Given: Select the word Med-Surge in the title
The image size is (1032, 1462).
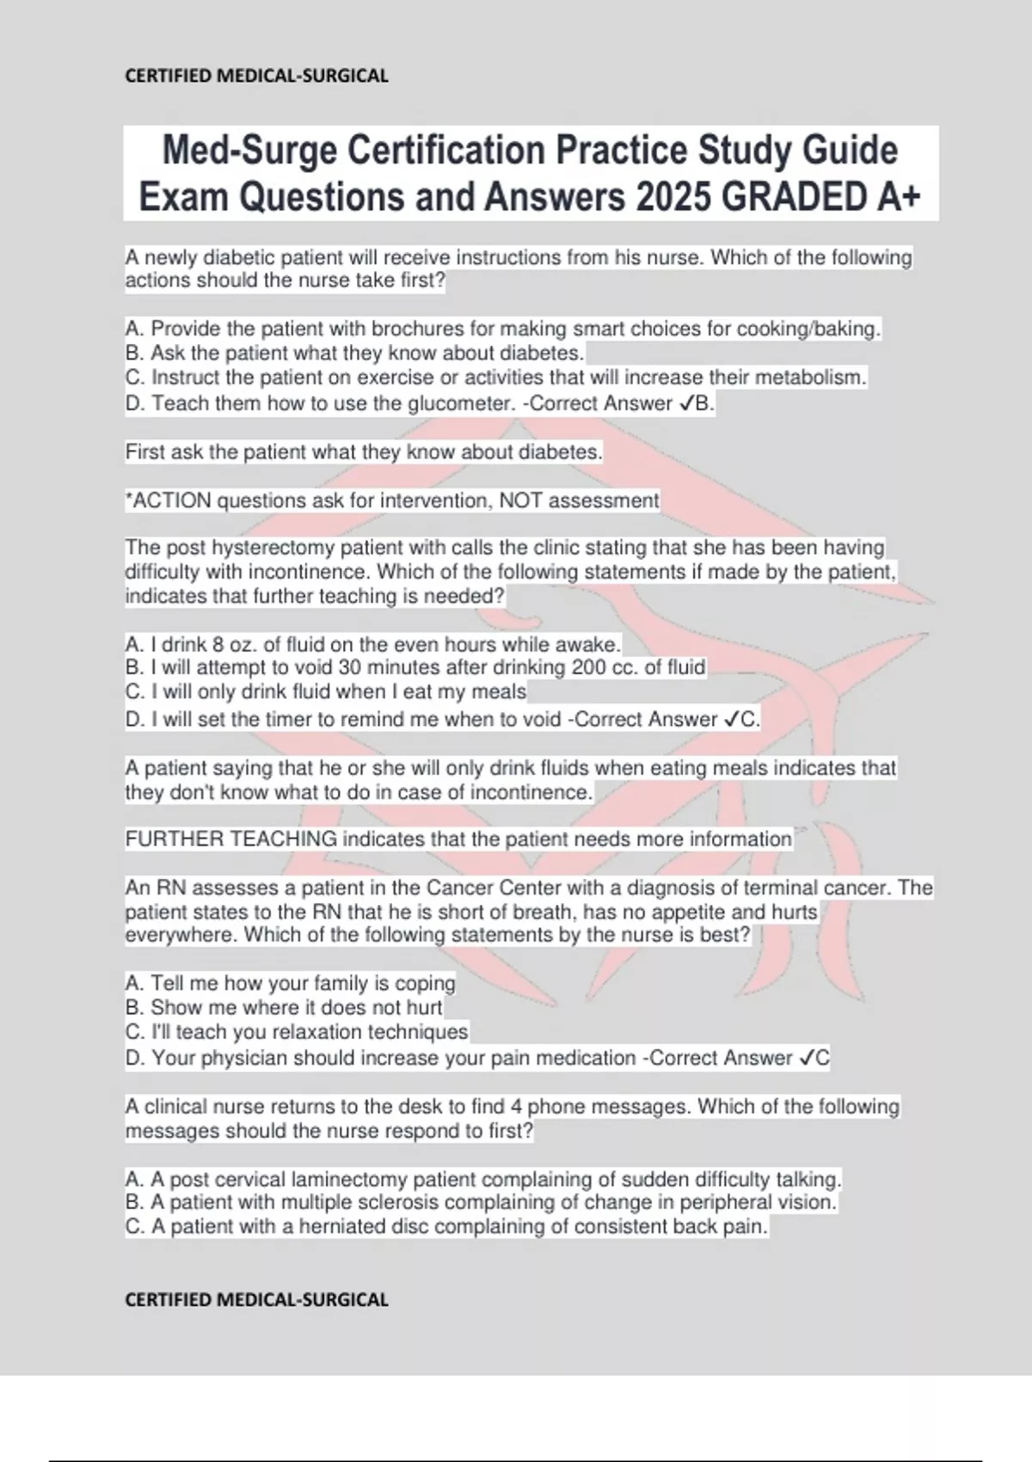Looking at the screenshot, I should click(248, 150).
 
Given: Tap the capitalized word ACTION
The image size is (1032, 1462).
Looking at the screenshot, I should click(172, 501).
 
